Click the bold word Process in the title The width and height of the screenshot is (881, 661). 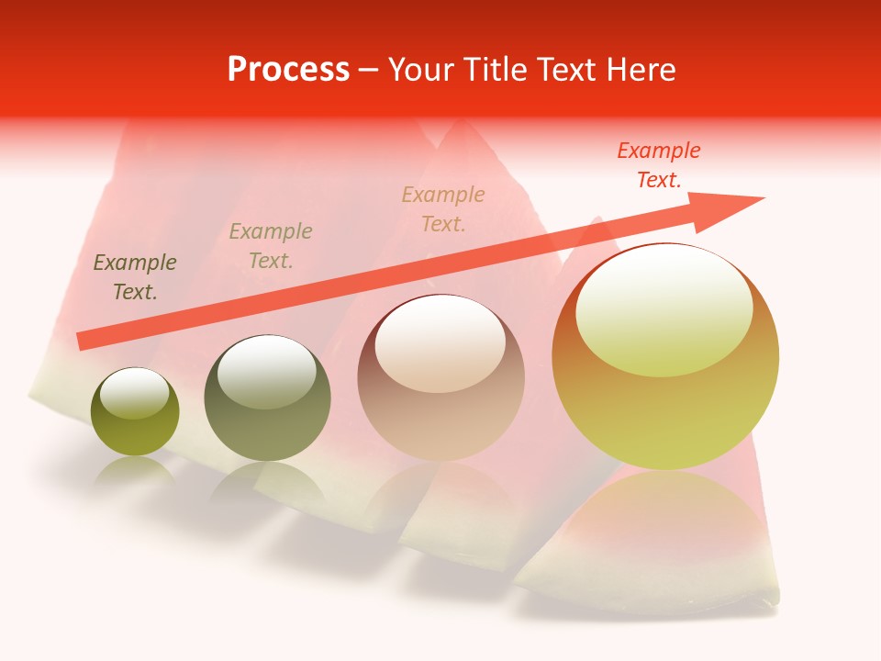click(x=288, y=70)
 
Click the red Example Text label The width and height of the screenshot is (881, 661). click(x=658, y=165)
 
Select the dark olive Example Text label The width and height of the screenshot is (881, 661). click(x=135, y=277)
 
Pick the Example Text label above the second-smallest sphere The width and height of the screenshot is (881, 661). click(x=270, y=246)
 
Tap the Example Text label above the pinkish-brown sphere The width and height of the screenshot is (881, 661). click(x=443, y=208)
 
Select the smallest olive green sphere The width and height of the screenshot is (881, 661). click(x=135, y=412)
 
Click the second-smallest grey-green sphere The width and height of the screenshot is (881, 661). click(x=267, y=398)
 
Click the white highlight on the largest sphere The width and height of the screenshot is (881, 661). click(x=664, y=308)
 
